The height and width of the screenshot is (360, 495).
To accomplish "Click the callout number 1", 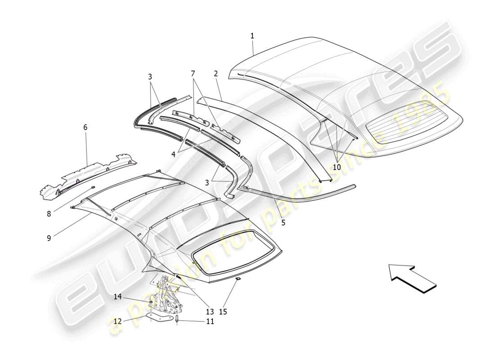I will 252,36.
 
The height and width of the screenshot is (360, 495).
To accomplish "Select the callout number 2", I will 216,73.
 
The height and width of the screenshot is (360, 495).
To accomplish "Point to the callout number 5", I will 283,222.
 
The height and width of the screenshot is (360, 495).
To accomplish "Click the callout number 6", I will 85,127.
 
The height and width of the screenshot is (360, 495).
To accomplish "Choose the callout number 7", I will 193,73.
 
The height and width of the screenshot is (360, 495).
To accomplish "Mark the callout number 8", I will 49,214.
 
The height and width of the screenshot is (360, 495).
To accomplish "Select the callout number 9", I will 49,238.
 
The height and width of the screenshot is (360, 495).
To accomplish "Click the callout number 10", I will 337,167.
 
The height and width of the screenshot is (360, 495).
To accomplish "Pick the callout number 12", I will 117,321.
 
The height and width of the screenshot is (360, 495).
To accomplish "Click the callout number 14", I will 117,297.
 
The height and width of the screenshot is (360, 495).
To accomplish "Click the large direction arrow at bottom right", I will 412,278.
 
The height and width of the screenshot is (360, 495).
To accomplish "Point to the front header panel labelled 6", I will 88,175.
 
